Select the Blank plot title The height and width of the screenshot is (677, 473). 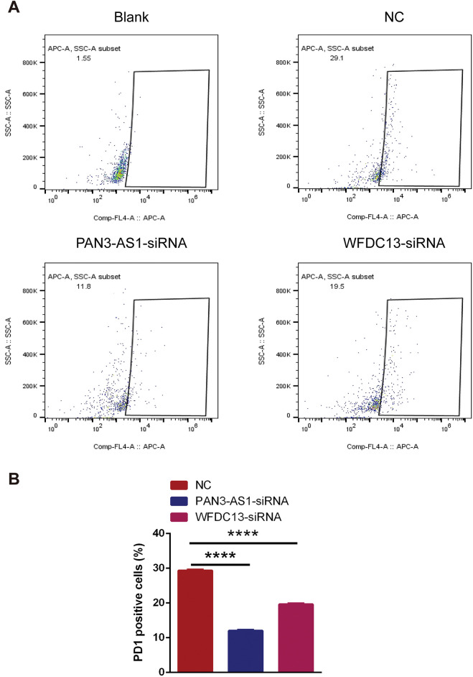(131, 15)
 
